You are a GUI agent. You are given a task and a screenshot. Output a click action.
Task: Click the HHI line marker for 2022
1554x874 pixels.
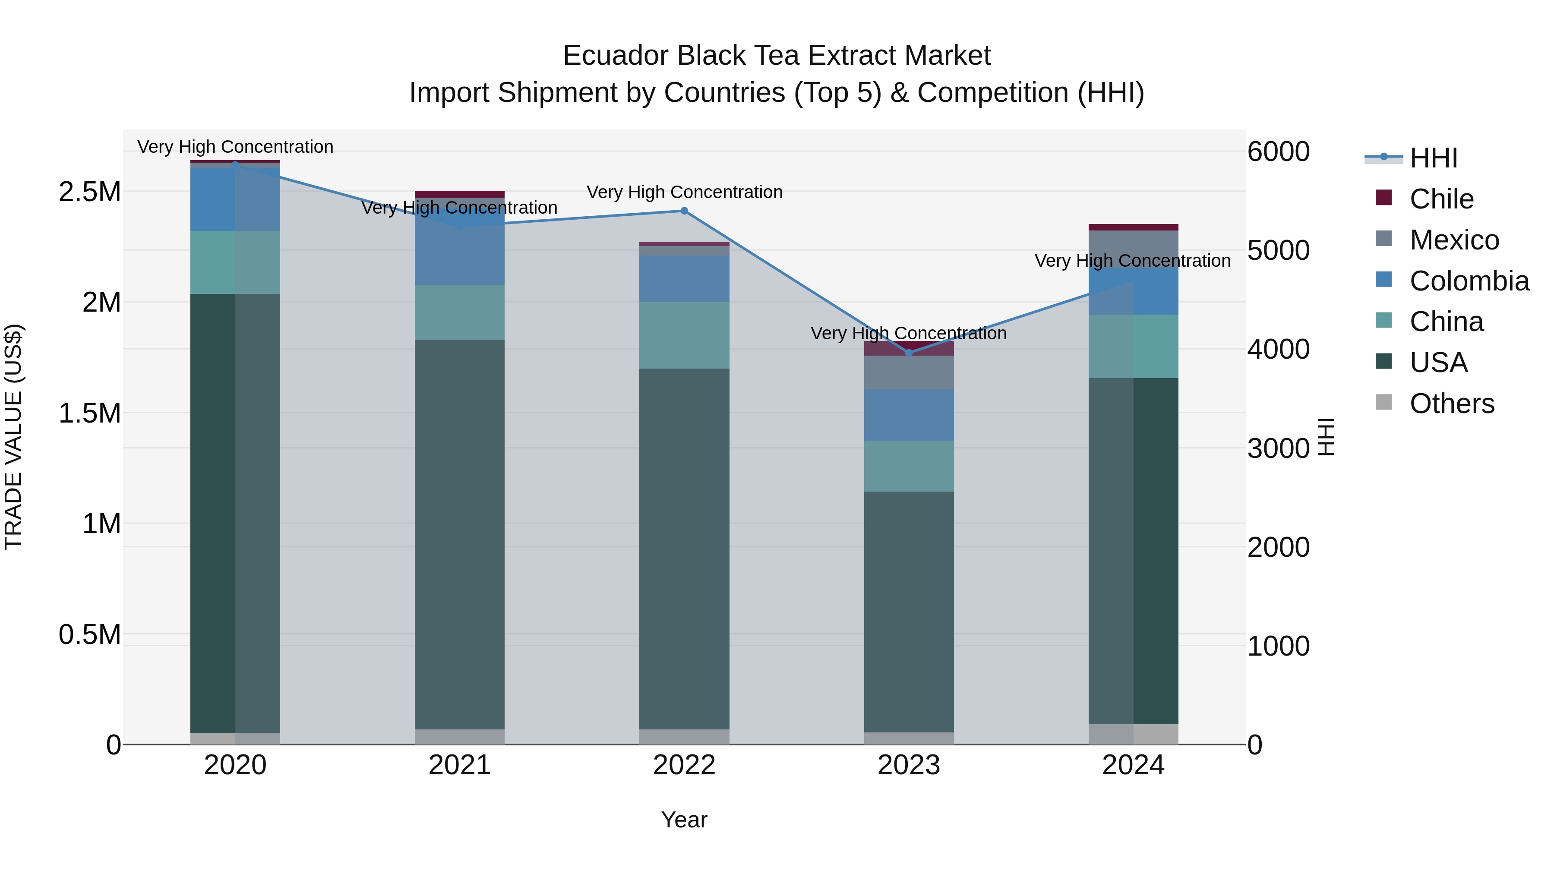pyautogui.click(x=684, y=211)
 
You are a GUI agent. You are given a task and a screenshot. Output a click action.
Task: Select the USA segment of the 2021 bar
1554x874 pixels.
pyautogui.click(x=460, y=534)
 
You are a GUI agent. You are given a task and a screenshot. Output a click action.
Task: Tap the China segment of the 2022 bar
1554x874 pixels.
pyautogui.click(x=684, y=335)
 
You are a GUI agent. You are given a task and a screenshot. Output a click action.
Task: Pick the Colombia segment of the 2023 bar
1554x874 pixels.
pyautogui.click(x=909, y=415)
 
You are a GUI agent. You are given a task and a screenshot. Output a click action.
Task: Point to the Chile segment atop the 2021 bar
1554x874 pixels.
pyautogui.click(x=460, y=194)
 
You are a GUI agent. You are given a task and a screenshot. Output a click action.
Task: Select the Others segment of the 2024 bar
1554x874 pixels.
pyautogui.click(x=1133, y=734)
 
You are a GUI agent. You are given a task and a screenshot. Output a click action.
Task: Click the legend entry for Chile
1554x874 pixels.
pyautogui.click(x=1441, y=199)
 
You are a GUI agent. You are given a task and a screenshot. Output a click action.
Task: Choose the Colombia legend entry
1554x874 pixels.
pyautogui.click(x=1469, y=281)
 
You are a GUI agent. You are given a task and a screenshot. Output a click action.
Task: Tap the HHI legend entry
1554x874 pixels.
pyautogui.click(x=1433, y=158)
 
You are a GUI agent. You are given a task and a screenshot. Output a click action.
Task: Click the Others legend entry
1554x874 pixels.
pyautogui.click(x=1451, y=404)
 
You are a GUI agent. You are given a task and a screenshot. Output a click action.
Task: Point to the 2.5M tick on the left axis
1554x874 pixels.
pyautogui.click(x=90, y=192)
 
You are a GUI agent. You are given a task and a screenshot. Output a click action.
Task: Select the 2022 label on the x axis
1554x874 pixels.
pyautogui.click(x=684, y=765)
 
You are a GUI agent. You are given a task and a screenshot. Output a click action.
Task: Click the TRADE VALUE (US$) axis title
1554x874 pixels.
pyautogui.click(x=13, y=437)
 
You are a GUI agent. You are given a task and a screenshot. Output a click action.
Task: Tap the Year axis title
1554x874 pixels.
pyautogui.click(x=684, y=820)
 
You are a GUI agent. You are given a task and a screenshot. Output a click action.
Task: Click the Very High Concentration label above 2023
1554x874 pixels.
pyautogui.click(x=909, y=333)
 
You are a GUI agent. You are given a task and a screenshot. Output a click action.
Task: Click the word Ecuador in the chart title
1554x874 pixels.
pyautogui.click(x=616, y=56)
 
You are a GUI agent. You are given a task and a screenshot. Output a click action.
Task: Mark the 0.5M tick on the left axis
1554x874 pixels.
pyautogui.click(x=90, y=634)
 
